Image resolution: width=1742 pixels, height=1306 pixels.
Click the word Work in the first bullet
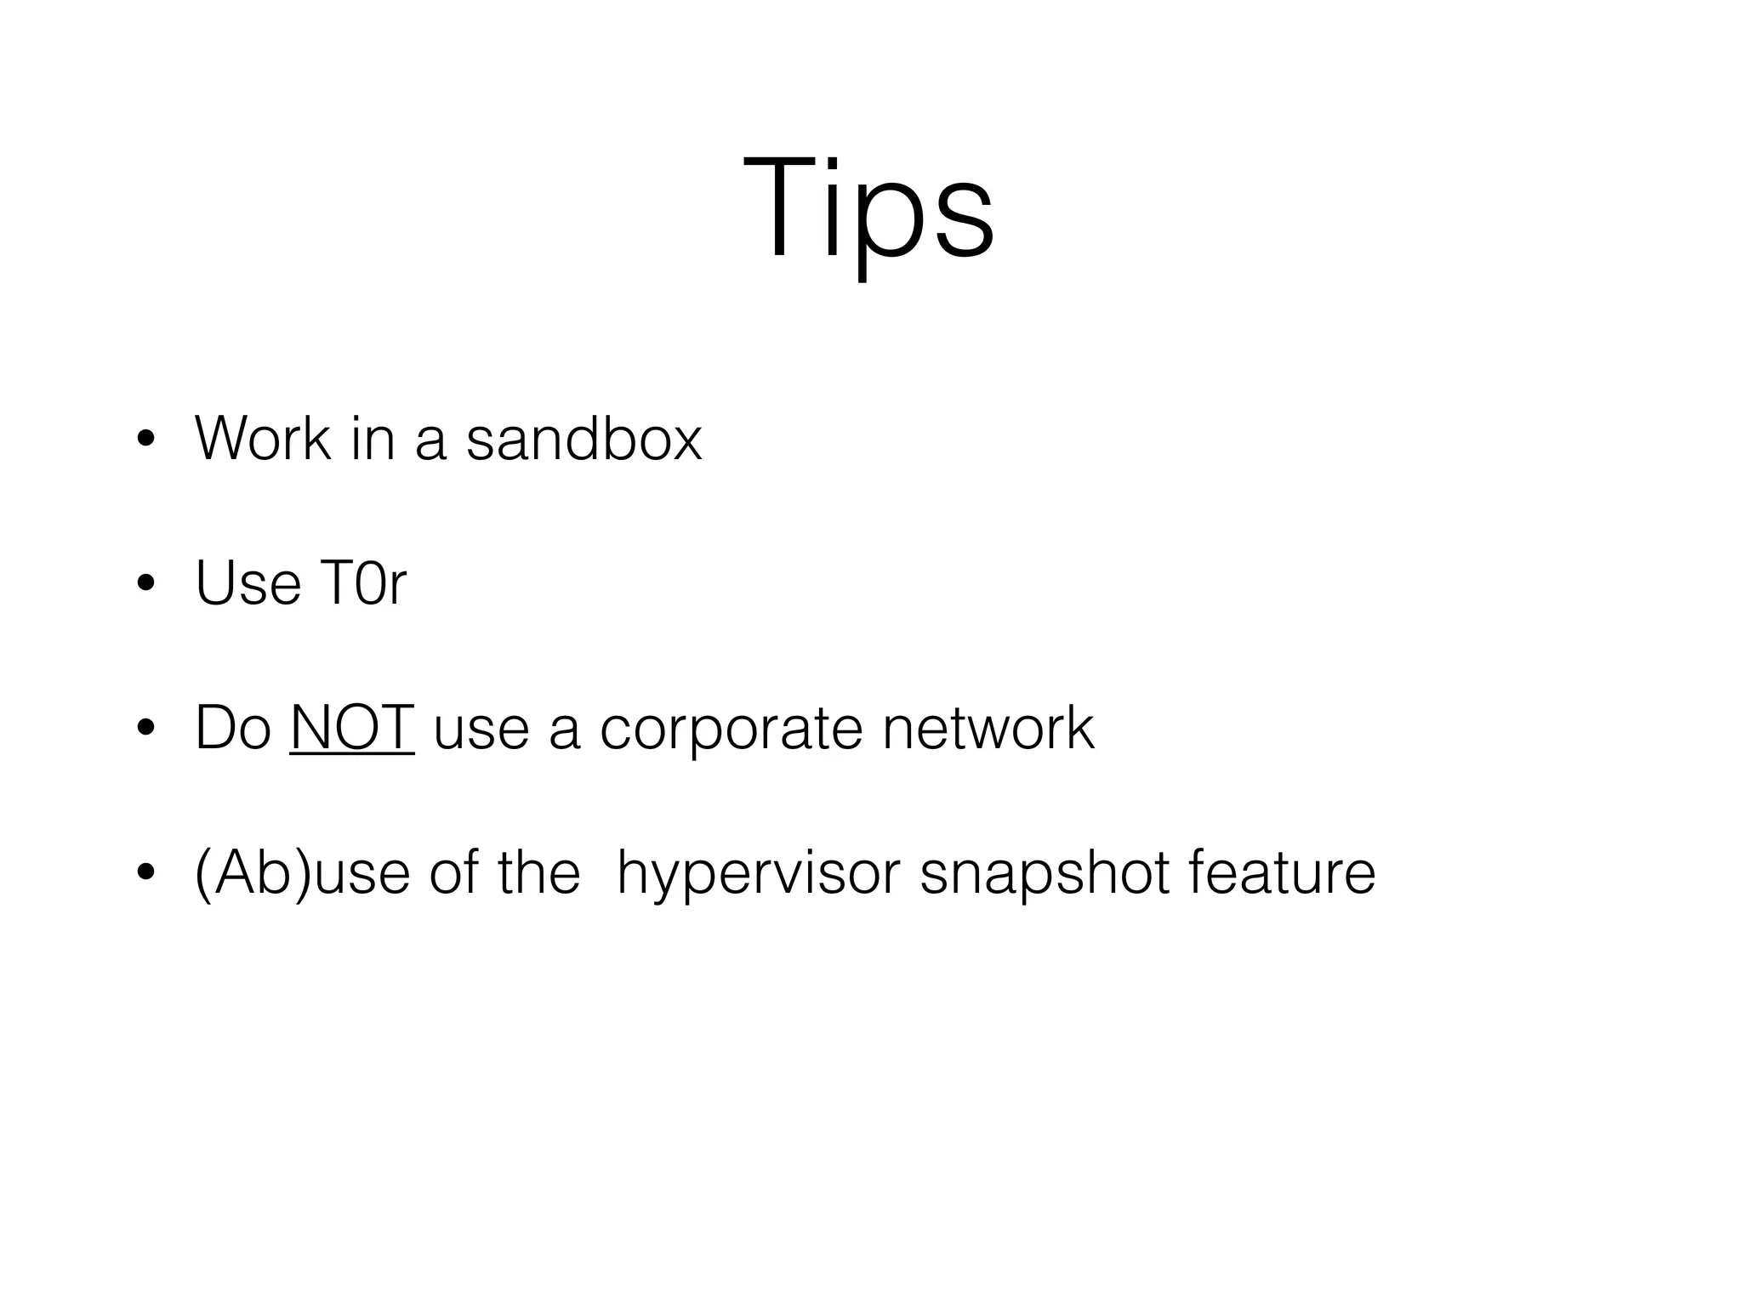point(262,439)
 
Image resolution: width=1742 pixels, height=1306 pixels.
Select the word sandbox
point(584,439)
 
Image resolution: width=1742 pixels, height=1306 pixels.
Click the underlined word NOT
point(351,729)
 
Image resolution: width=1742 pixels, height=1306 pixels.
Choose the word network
point(988,729)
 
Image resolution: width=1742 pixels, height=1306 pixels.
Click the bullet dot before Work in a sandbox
point(146,440)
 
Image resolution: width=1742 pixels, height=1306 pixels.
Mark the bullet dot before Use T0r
point(146,585)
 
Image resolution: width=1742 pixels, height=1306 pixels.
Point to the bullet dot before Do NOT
point(146,730)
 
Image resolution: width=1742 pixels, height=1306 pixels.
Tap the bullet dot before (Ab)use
point(146,874)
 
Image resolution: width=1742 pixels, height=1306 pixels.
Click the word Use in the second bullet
point(248,584)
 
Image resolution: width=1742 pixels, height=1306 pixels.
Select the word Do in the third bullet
point(232,729)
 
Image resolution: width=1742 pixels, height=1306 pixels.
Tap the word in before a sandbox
point(373,439)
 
